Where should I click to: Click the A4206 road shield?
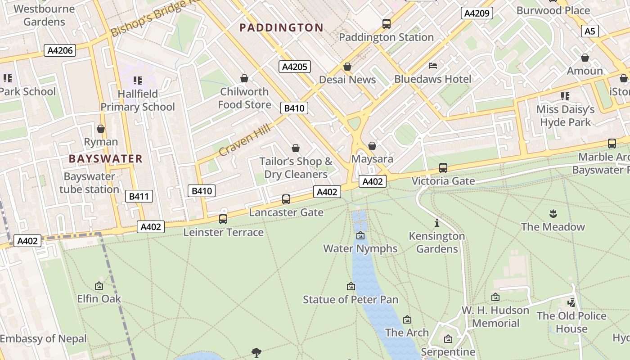(60, 50)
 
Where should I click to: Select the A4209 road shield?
(477, 13)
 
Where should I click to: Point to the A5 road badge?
(589, 31)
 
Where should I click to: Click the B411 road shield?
(139, 196)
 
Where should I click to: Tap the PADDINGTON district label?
(281, 28)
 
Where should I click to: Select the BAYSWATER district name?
(106, 159)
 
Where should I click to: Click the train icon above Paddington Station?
(386, 24)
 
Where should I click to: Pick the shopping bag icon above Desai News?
(347, 67)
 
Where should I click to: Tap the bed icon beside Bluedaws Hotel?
(433, 66)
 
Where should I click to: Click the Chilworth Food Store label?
(244, 98)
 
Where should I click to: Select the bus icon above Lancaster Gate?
(286, 199)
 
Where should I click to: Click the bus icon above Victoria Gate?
(443, 168)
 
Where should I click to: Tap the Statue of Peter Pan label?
(351, 300)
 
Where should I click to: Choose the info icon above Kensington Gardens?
(436, 223)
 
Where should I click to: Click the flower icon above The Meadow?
(553, 213)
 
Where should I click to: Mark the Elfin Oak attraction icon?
(99, 286)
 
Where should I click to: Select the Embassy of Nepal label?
(43, 339)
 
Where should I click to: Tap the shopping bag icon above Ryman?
(101, 129)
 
